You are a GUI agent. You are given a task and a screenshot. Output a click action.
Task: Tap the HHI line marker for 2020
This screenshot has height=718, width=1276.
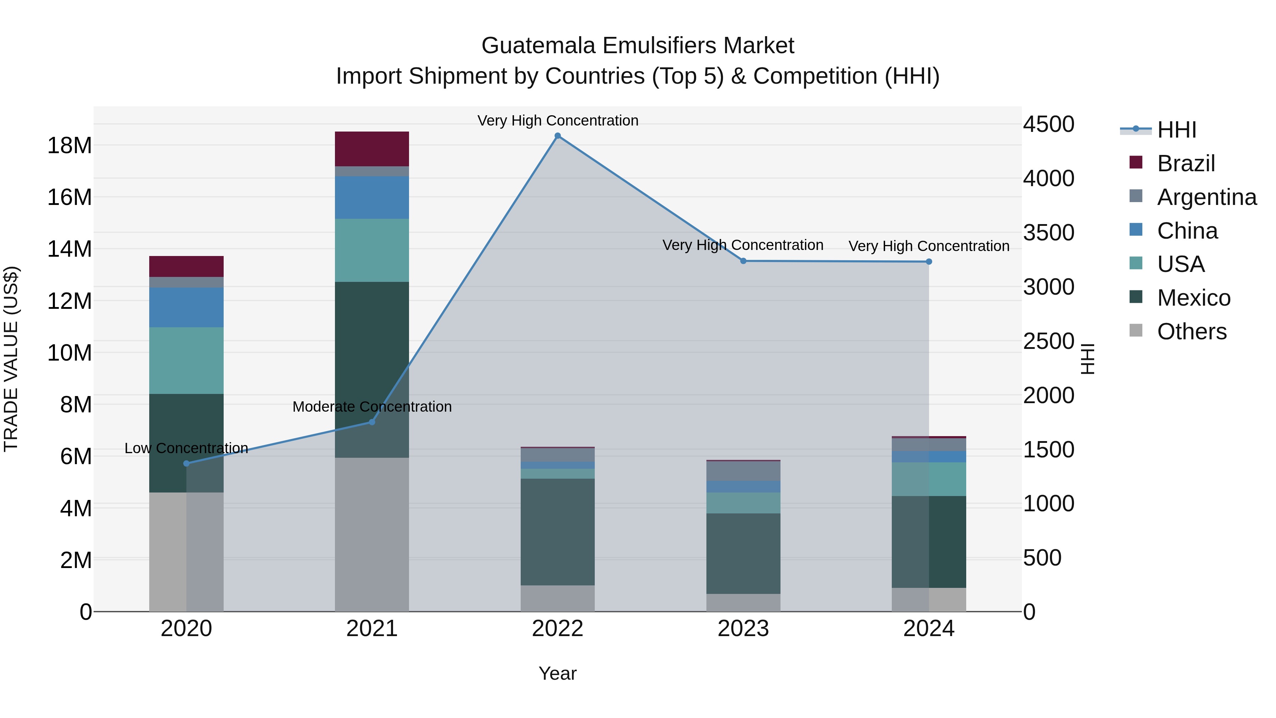click(186, 463)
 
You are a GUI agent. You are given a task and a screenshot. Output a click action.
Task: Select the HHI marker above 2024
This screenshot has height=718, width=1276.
click(929, 262)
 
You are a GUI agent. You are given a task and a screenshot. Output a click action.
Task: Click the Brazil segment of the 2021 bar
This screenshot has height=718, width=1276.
click(372, 149)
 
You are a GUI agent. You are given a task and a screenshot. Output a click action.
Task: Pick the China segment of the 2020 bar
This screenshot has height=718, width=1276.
click(186, 307)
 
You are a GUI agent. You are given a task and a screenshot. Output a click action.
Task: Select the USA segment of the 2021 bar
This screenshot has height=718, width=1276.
click(372, 250)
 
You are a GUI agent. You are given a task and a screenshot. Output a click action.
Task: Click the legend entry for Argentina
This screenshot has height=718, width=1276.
click(1206, 197)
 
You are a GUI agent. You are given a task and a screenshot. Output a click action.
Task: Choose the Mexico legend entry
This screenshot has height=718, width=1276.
click(1193, 298)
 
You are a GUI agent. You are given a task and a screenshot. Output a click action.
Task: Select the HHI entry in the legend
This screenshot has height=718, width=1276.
click(1176, 130)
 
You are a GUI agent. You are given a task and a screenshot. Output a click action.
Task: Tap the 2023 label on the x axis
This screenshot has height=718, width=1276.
click(743, 629)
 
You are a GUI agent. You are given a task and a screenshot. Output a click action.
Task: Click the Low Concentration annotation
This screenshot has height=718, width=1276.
click(186, 448)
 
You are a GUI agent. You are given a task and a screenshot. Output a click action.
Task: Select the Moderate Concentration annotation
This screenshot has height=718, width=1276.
click(372, 406)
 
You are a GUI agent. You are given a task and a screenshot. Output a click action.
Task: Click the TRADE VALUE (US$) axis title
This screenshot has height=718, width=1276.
click(11, 359)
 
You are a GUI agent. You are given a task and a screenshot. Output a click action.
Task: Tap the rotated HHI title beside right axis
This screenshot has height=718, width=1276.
click(1088, 359)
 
